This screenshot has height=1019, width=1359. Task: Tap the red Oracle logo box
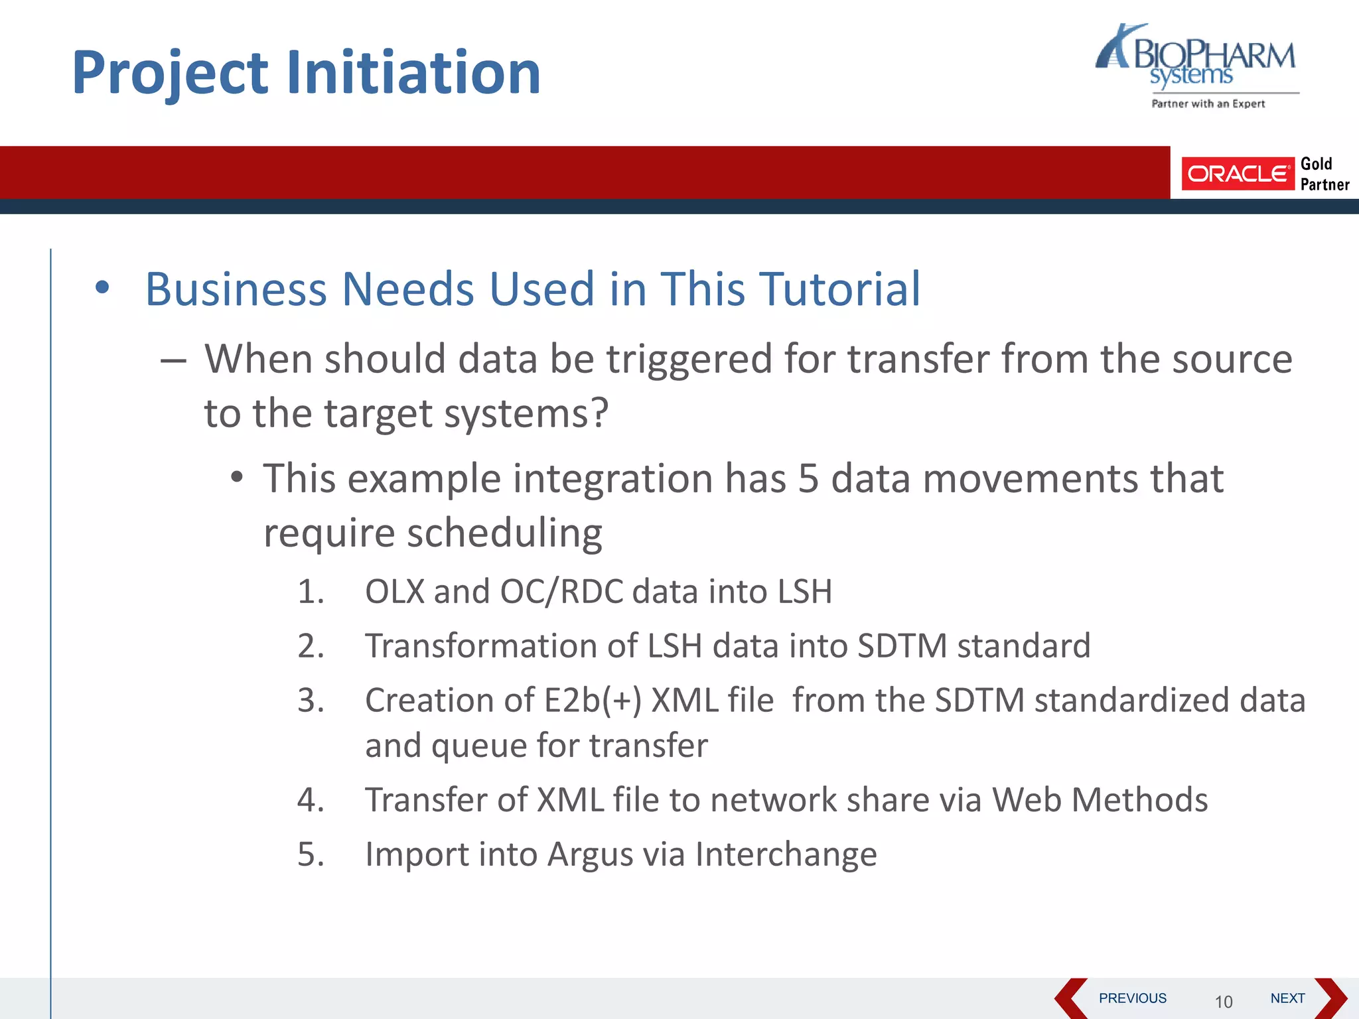1237,174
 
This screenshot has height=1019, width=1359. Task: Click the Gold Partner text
1324,174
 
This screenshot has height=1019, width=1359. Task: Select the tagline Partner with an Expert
1208,103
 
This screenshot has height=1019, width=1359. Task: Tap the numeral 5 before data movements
808,478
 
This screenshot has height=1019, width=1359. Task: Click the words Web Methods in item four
1100,799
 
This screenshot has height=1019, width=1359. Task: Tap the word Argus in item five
590,854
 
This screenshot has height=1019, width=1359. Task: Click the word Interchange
786,854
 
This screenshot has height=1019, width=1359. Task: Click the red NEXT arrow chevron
1330,998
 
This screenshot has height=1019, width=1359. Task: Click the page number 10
1223,1002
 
